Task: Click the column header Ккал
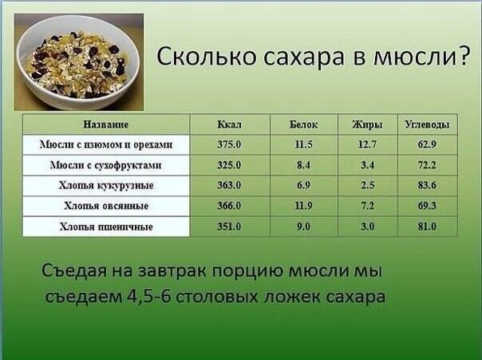coord(229,125)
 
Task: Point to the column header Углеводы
coord(427,125)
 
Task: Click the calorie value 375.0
coord(229,145)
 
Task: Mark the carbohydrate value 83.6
coord(427,186)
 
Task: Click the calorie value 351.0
coord(229,227)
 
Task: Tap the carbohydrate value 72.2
coord(427,166)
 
